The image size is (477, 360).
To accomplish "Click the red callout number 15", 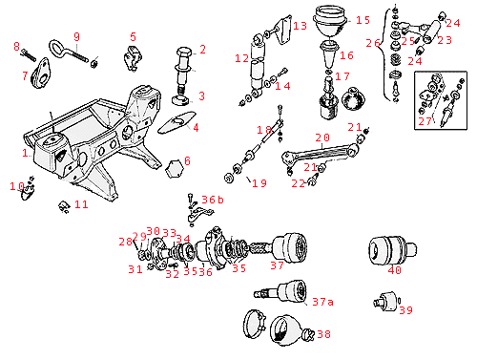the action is pos(363,20).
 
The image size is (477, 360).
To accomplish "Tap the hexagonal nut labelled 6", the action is pos(175,168).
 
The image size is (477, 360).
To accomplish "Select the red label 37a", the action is pos(322,302).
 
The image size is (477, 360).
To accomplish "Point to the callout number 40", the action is pos(395,270).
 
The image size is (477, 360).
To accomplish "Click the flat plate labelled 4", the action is pos(176,122).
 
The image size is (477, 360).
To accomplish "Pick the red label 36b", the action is pos(213,200).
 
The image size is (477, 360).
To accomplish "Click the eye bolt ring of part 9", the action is pos(57,48).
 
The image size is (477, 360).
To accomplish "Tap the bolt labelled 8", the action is pos(29,55).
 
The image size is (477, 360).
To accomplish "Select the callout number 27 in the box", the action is pos(425,121).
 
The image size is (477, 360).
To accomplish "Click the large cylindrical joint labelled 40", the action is pos(392,250).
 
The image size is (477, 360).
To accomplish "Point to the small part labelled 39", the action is pos(385,301).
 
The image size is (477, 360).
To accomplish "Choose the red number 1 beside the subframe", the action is pos(25,153).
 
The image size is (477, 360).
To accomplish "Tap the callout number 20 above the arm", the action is pos(322,138).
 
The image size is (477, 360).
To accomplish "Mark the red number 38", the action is pos(323,334).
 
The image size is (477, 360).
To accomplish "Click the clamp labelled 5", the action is pos(133,58).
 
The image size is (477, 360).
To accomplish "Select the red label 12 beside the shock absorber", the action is pos(241,58).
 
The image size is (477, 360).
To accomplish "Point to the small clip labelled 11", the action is pos(64,206).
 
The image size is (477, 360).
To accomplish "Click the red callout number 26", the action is pos(373,43).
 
